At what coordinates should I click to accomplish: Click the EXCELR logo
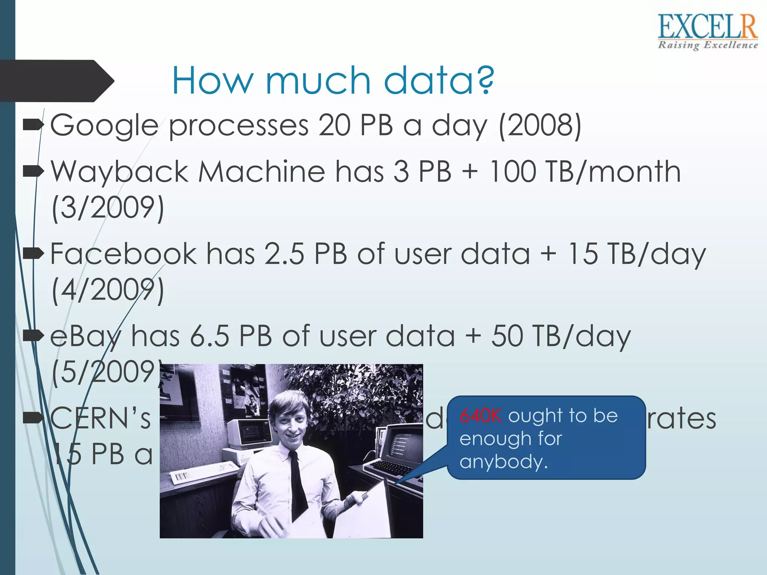tap(707, 32)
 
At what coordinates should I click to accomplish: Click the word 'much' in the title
tap(318, 80)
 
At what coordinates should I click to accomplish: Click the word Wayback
tap(119, 172)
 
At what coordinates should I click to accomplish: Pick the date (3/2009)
tap(108, 208)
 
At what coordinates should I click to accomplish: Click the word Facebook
tap(123, 254)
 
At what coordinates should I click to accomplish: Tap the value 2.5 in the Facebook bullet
tap(284, 254)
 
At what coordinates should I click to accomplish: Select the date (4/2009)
tap(108, 290)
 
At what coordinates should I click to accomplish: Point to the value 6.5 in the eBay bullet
tap(209, 336)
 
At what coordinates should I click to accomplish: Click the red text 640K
tap(480, 416)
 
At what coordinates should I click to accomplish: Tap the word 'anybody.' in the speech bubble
tap(504, 462)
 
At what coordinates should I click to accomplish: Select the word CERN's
tap(100, 419)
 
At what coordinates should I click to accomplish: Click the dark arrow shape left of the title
tap(56, 81)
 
